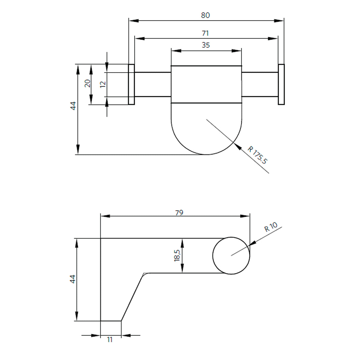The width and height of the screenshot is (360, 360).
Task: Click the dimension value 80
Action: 205,15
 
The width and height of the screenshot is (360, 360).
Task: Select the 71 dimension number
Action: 205,33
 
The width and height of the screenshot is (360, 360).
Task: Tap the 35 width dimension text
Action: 206,45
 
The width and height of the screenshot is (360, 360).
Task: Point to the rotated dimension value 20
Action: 87,83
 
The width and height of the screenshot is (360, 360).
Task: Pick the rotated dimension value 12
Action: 103,84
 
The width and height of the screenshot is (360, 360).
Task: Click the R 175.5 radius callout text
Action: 257,155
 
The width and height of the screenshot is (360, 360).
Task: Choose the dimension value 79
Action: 179,213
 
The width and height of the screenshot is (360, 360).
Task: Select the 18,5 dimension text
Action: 177,256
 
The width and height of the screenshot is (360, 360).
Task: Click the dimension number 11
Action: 110,340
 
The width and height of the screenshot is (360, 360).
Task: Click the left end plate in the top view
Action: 131,84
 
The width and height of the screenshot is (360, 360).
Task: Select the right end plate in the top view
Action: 281,84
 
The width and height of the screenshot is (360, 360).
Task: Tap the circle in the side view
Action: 231,256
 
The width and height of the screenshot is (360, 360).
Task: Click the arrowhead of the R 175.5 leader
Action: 237,145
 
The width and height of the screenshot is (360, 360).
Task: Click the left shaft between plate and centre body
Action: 153,84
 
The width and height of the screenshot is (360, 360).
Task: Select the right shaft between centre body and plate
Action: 260,84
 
